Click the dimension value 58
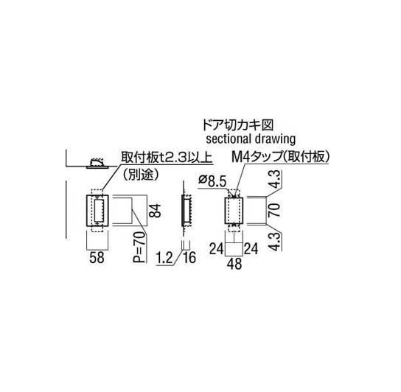[97, 257]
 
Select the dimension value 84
[156, 211]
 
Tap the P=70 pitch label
[139, 247]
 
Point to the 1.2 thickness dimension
[165, 258]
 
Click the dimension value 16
[189, 257]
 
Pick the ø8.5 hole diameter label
[212, 181]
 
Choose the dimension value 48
[234, 264]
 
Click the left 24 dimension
[217, 248]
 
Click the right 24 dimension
[251, 248]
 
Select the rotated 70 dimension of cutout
[274, 210]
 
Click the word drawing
[275, 139]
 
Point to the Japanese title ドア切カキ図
[237, 125]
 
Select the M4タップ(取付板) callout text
[280, 157]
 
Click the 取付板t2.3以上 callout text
[167, 158]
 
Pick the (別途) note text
[141, 175]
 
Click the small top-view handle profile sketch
[98, 164]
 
